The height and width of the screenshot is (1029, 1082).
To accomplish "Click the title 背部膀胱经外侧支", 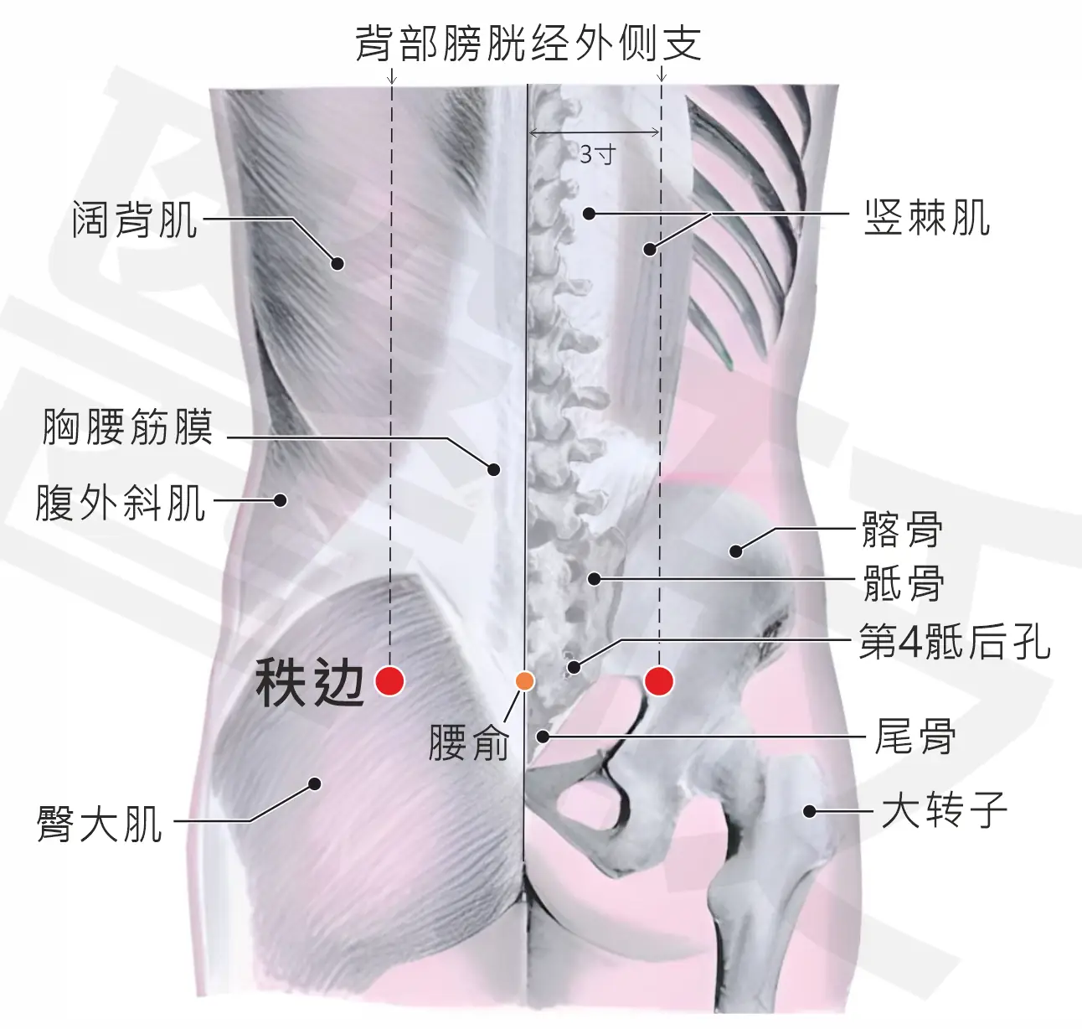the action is pyautogui.click(x=528, y=44).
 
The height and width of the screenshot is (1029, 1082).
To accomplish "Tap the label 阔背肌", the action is pyautogui.click(x=136, y=220).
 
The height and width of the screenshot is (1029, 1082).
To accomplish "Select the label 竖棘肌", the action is pyautogui.click(x=927, y=217).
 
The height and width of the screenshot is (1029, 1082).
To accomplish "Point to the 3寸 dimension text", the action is pyautogui.click(x=597, y=155).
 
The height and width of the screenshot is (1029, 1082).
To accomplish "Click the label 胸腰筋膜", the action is pyautogui.click(x=127, y=427).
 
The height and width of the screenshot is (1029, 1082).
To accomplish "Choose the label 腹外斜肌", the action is pyautogui.click(x=121, y=503).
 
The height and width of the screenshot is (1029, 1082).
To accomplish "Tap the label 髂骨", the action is pyautogui.click(x=903, y=529).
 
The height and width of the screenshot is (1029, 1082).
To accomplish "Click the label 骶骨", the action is pyautogui.click(x=904, y=583).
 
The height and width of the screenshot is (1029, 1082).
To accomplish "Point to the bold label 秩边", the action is pyautogui.click(x=311, y=683).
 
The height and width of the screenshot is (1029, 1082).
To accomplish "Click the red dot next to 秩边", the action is pyautogui.click(x=390, y=681).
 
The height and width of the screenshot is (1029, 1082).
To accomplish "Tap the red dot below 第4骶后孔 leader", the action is pyautogui.click(x=659, y=681).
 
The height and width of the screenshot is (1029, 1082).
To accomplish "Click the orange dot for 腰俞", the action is pyautogui.click(x=524, y=681).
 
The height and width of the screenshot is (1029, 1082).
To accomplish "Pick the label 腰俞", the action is pyautogui.click(x=468, y=742).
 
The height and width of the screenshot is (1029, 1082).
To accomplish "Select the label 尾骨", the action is pyautogui.click(x=915, y=736).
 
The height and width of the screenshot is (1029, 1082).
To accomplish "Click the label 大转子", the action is pyautogui.click(x=944, y=810).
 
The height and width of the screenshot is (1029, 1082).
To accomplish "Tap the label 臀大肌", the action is pyautogui.click(x=100, y=824).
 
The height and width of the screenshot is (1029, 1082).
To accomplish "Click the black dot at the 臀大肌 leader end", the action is pyautogui.click(x=315, y=783).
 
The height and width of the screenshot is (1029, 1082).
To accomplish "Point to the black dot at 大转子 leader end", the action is pyautogui.click(x=810, y=811).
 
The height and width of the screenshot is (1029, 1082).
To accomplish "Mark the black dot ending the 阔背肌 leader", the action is pyautogui.click(x=337, y=264).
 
